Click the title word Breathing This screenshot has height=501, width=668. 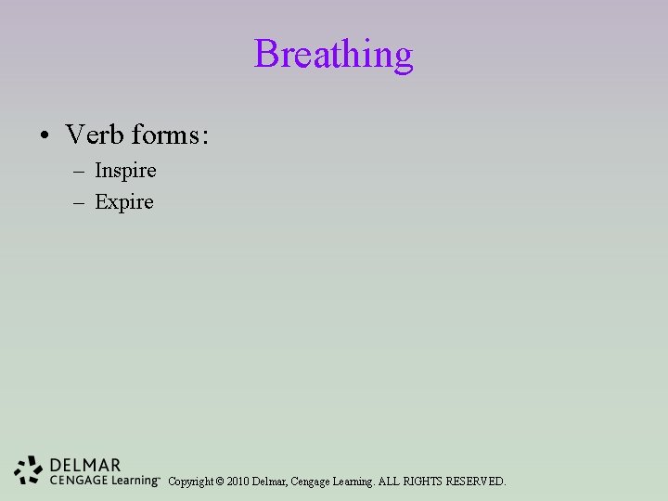333,55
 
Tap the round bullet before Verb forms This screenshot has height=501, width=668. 45,136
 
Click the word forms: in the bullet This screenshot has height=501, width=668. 170,135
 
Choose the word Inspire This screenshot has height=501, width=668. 125,172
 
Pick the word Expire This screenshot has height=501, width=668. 124,202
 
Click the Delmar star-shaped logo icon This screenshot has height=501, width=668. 29,470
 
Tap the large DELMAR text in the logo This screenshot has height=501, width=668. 85,465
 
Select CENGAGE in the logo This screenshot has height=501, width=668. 77,480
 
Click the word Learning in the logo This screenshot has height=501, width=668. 133,481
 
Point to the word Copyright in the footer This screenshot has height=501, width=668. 190,482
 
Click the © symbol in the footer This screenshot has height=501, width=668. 219,482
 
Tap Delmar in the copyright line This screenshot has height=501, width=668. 270,482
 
